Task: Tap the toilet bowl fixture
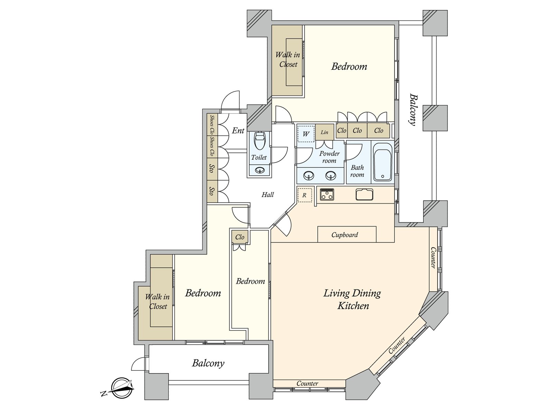pos(259,141)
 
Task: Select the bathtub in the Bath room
pos(383,162)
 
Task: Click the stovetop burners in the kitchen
pos(327,194)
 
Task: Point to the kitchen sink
pos(364,194)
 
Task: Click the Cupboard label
pos(344,235)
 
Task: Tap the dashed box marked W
pos(306,133)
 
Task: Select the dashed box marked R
pos(304,195)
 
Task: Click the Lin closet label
pos(324,132)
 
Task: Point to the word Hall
pos(268,194)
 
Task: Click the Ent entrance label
pos(238,130)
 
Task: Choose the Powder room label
pos(329,157)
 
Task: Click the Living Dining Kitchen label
pos(352,299)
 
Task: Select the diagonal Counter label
pos(397,345)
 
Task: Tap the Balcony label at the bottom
pos(208,363)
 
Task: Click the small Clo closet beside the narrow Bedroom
pos(240,237)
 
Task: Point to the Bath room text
pos(357,171)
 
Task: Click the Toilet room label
pos(259,157)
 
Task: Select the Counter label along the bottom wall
pos(307,384)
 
